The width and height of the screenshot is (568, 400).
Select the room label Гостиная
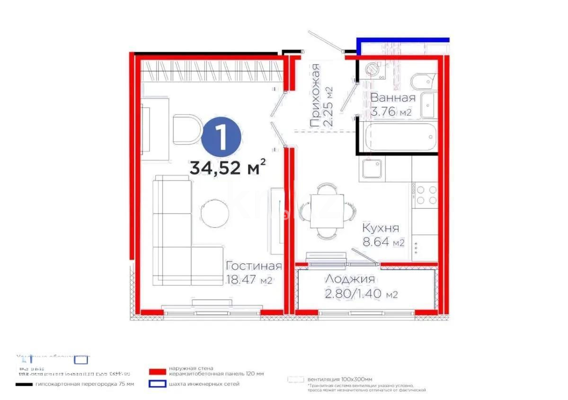254,266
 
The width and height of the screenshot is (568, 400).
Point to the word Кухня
380,228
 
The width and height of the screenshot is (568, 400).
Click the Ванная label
393,98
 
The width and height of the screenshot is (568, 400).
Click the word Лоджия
350,279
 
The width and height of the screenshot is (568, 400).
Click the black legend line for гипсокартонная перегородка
24,384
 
